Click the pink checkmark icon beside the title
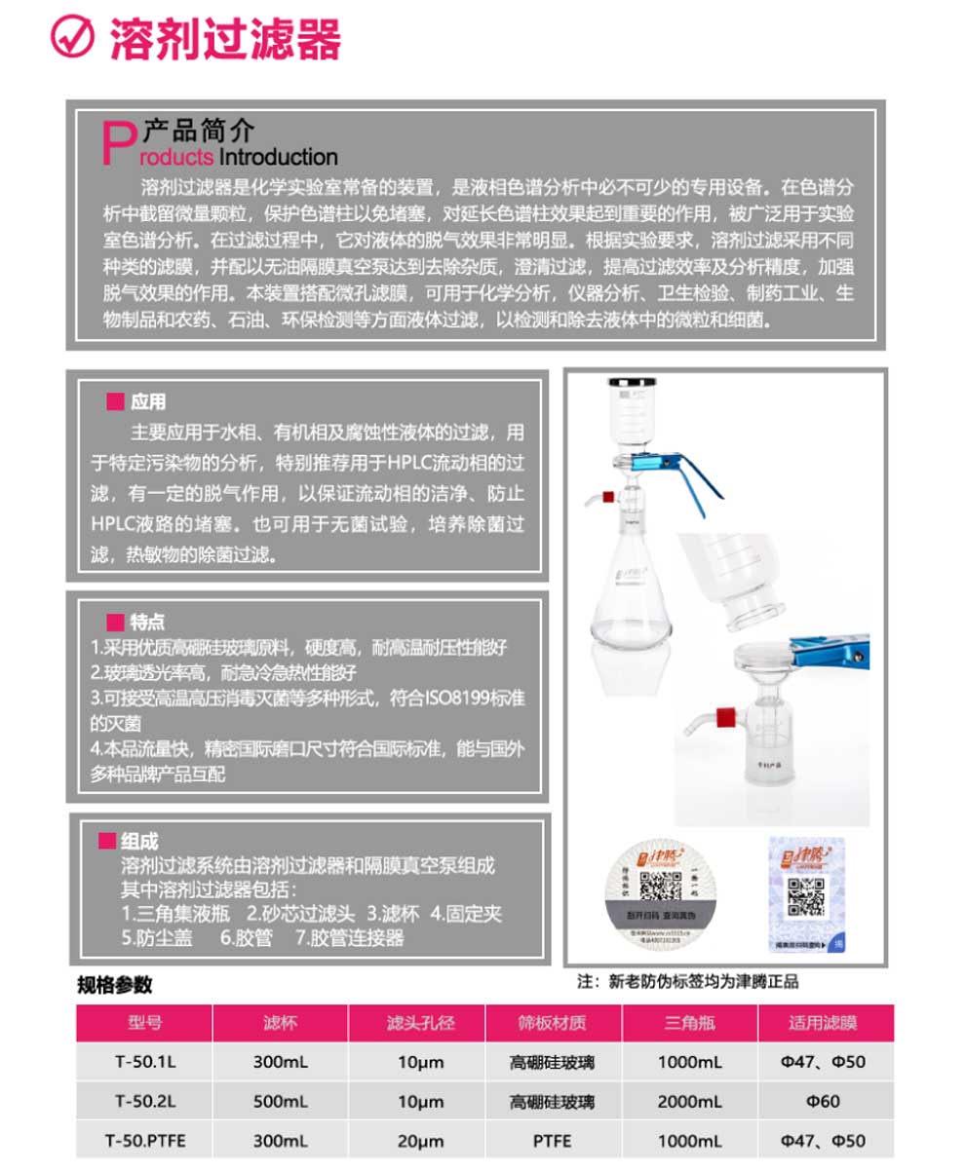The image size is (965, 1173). click(x=71, y=39)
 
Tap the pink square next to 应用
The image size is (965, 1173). click(x=115, y=402)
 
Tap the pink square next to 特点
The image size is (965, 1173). click(x=115, y=622)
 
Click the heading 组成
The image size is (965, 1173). click(x=140, y=841)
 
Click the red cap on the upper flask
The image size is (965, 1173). click(x=607, y=498)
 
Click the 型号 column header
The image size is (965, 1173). click(x=144, y=1023)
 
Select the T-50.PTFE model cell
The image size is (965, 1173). click(x=144, y=1140)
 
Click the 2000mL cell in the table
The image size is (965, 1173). click(x=690, y=1101)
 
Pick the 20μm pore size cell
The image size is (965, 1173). click(x=420, y=1140)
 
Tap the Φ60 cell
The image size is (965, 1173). click(x=823, y=1101)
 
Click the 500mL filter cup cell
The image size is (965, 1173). click(x=280, y=1101)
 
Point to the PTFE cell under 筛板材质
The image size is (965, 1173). click(x=552, y=1140)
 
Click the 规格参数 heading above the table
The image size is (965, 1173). click(x=115, y=985)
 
